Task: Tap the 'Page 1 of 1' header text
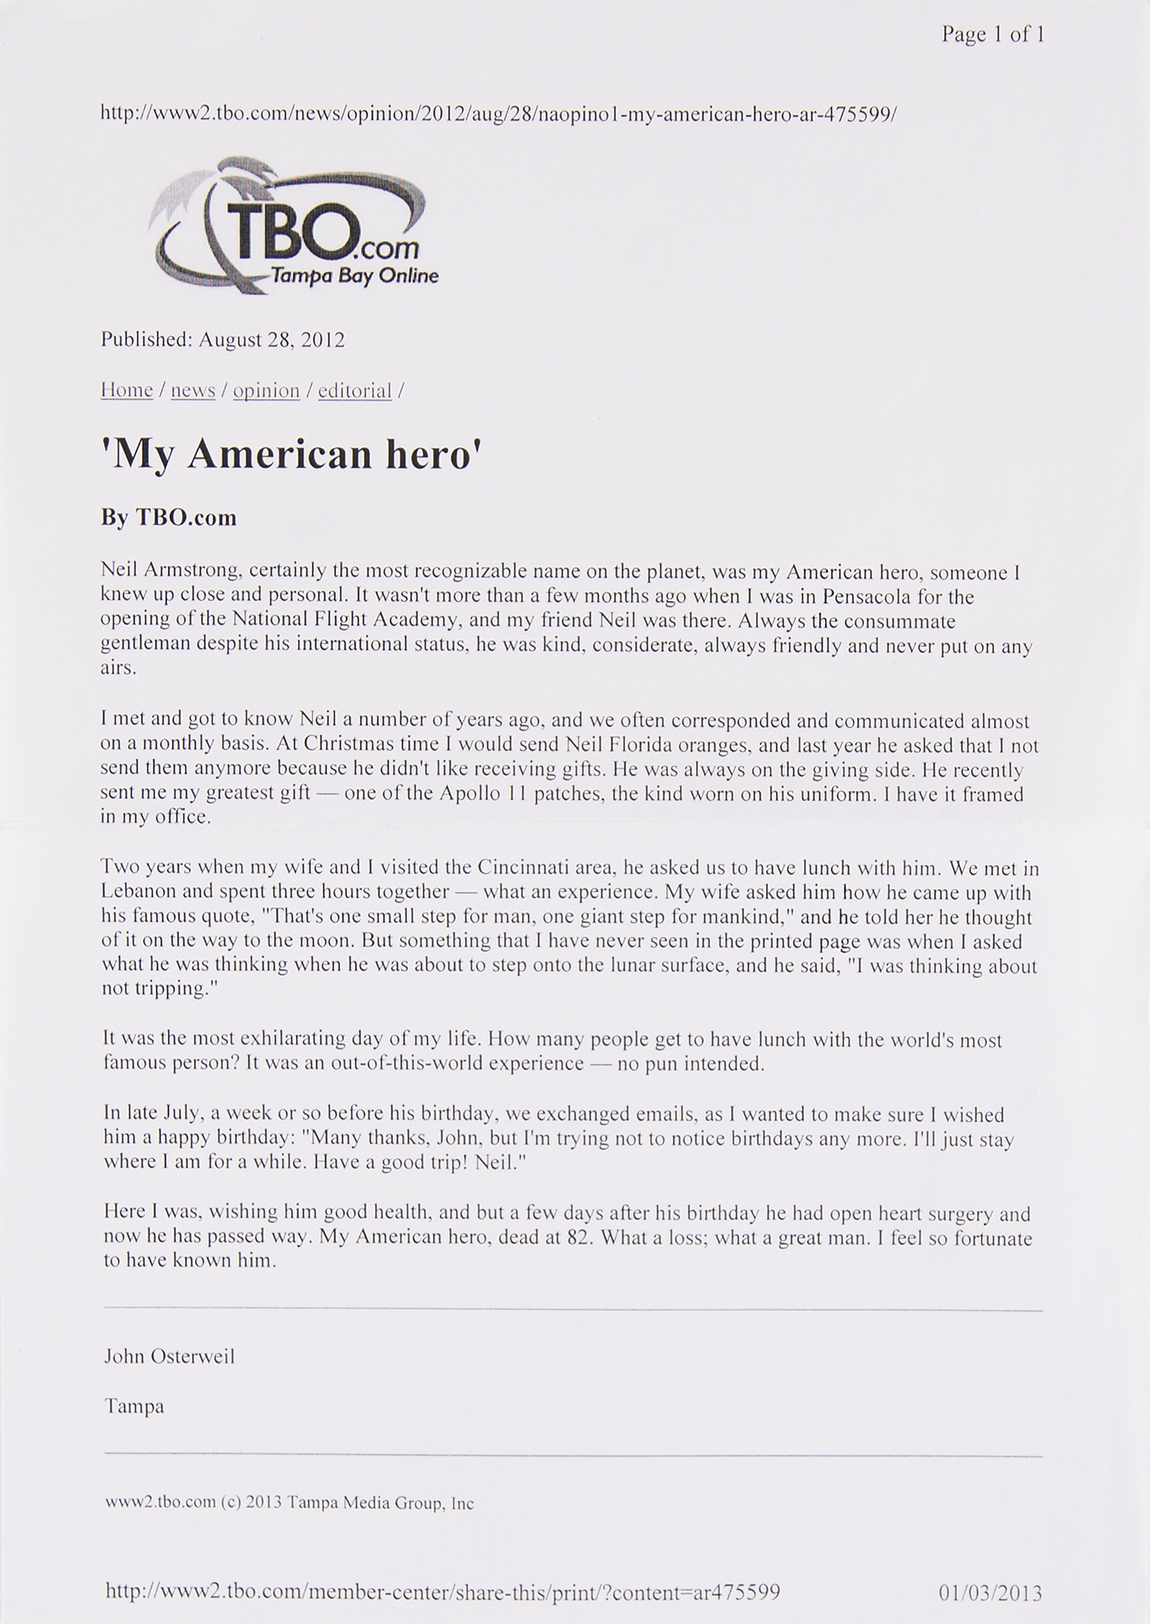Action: tap(992, 34)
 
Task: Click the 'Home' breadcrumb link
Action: tap(127, 391)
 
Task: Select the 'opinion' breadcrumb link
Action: tap(266, 391)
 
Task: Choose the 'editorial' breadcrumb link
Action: tap(355, 391)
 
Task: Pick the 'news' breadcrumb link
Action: tap(193, 391)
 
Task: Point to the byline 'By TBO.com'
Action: tap(169, 517)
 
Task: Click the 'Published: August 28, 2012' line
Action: tap(223, 339)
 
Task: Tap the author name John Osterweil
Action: tap(170, 1356)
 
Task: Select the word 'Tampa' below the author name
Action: tap(134, 1406)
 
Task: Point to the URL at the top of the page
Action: tap(498, 114)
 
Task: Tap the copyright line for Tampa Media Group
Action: tap(289, 1503)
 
